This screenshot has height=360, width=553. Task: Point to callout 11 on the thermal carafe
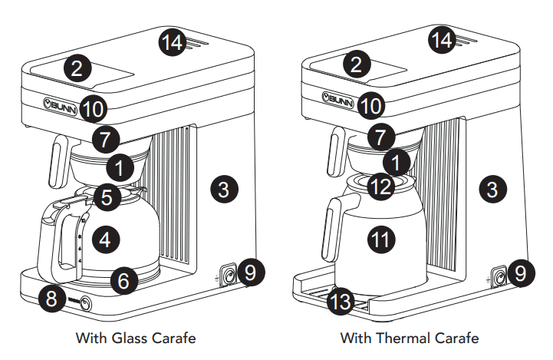click(380, 239)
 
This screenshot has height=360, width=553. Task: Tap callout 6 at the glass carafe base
click(123, 280)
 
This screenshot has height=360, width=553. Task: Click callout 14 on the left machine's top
click(174, 42)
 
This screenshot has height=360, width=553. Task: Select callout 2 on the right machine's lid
click(354, 65)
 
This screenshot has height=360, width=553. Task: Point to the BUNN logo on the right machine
click(337, 100)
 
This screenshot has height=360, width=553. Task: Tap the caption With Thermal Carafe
click(410, 338)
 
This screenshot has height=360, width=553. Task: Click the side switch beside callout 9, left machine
click(229, 274)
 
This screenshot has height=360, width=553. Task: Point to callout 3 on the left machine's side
click(223, 190)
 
